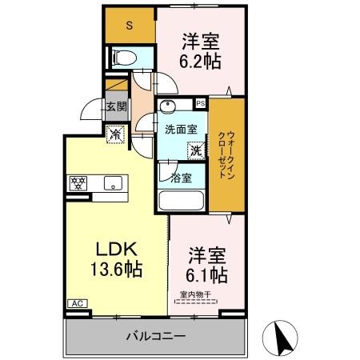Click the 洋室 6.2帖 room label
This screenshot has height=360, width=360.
point(201,50)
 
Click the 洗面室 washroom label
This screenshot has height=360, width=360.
point(180,129)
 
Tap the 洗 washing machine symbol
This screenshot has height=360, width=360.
point(194,148)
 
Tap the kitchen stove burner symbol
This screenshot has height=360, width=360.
point(79,182)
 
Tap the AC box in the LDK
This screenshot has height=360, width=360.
point(78,304)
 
